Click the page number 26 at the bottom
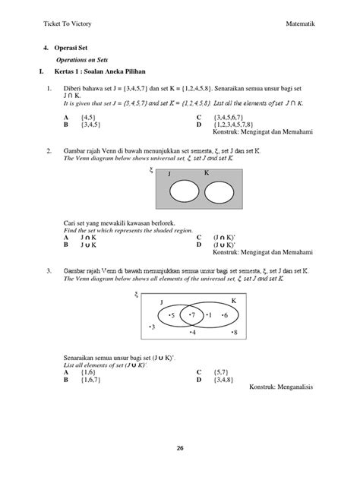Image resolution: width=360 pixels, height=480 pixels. click(x=180, y=447)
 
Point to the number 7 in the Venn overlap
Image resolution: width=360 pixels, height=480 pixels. click(x=192, y=314)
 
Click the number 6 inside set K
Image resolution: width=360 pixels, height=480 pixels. click(x=224, y=314)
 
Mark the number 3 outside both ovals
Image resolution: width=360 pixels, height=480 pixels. click(x=152, y=327)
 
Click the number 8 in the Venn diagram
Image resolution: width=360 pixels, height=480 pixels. click(x=235, y=333)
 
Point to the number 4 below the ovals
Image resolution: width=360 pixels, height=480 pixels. click(x=193, y=333)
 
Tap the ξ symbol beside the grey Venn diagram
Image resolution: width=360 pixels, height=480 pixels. click(x=151, y=173)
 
